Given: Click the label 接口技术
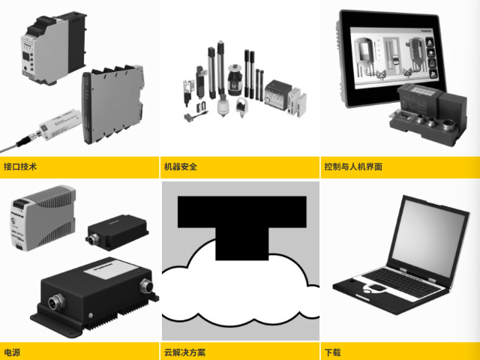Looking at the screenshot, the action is (x=20, y=166).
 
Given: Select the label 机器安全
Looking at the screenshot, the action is (x=181, y=166).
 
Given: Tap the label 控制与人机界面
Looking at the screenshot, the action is (x=353, y=166).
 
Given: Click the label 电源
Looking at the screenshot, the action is (x=12, y=352).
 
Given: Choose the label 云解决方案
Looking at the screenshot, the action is (x=185, y=352).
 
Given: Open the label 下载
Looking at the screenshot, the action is (x=333, y=352).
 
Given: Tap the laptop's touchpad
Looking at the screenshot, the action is (x=377, y=287).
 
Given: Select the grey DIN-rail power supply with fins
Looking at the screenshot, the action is (x=43, y=217).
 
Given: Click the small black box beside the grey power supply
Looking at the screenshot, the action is (x=117, y=232).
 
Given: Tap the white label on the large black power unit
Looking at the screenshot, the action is (x=111, y=268).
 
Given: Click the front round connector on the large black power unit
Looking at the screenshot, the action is (x=56, y=301).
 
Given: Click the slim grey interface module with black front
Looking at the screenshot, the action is (x=112, y=104).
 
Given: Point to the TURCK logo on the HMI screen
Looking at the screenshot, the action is (x=426, y=31).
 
